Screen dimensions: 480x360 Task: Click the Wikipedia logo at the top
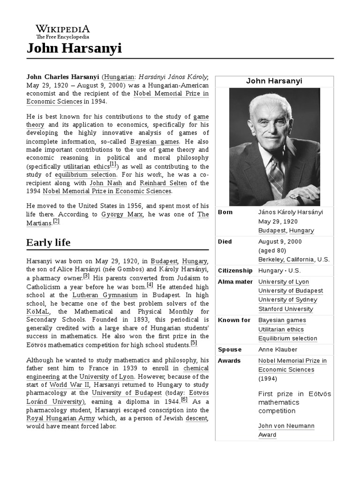coord(62,31)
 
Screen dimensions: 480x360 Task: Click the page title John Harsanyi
coord(74,48)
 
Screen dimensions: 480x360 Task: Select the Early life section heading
coord(48,242)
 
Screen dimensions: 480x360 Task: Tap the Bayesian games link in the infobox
coord(282,320)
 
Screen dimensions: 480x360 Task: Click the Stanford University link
coord(285,309)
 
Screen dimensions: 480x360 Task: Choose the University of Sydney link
coord(287,300)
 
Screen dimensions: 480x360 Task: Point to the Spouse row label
coord(230,350)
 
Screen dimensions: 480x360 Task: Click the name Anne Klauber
coord(277,350)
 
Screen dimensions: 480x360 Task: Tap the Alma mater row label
coord(235,282)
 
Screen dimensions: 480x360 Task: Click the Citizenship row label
coord(235,270)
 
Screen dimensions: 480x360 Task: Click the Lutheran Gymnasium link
coord(105,295)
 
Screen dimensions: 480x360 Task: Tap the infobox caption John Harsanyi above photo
coord(274,81)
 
